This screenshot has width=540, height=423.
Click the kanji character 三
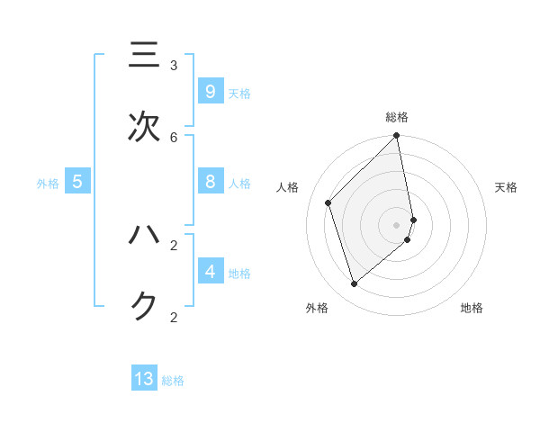144,56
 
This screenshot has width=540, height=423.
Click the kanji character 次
144,127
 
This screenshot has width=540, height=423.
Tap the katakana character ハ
144,236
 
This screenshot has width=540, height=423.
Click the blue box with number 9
210,91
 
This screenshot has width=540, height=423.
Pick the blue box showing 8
210,182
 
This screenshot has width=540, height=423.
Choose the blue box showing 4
210,271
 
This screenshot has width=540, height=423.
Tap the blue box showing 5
77,182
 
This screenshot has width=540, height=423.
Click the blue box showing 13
144,379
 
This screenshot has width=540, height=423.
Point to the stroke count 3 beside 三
174,66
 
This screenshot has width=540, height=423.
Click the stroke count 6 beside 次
174,137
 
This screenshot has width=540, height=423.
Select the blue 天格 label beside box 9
239,94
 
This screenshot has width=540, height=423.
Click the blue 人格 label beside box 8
239,184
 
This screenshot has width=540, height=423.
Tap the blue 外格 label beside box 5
48,184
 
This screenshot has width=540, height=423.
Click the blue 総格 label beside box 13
173,381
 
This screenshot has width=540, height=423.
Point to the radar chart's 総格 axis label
397,117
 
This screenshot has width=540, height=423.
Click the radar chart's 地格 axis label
472,308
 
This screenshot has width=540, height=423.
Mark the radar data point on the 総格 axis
397,136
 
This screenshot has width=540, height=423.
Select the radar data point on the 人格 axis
328,202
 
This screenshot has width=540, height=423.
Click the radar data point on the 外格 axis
355,283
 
